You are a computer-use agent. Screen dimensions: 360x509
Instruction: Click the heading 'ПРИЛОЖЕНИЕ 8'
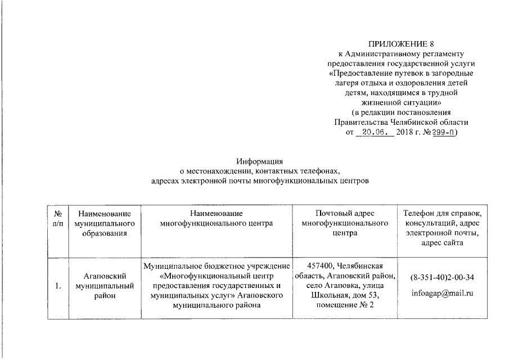401,44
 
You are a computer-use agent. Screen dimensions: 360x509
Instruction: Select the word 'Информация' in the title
259,161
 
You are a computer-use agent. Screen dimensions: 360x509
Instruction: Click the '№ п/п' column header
57,219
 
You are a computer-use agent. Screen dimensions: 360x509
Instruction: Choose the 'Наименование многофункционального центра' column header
217,219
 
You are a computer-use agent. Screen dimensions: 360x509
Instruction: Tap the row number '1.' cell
57,286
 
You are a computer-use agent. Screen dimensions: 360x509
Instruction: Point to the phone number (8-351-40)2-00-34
442,278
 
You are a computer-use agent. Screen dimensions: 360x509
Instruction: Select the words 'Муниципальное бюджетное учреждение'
217,266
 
